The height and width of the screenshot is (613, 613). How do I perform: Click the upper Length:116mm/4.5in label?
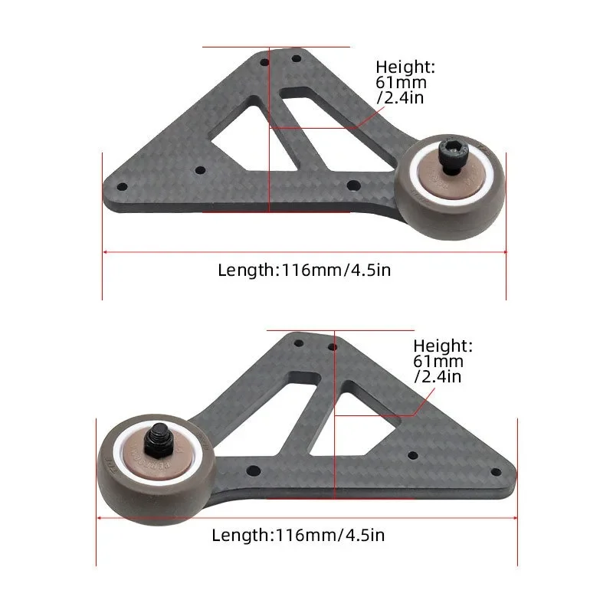click(x=306, y=270)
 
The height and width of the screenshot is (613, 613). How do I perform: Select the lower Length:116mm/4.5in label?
click(x=298, y=535)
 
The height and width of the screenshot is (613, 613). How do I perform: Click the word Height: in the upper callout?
click(x=405, y=67)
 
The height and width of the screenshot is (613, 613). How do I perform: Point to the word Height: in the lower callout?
click(x=443, y=346)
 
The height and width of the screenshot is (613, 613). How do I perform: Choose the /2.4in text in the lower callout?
click(x=437, y=375)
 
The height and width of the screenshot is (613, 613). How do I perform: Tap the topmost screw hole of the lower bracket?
click(x=333, y=347)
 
